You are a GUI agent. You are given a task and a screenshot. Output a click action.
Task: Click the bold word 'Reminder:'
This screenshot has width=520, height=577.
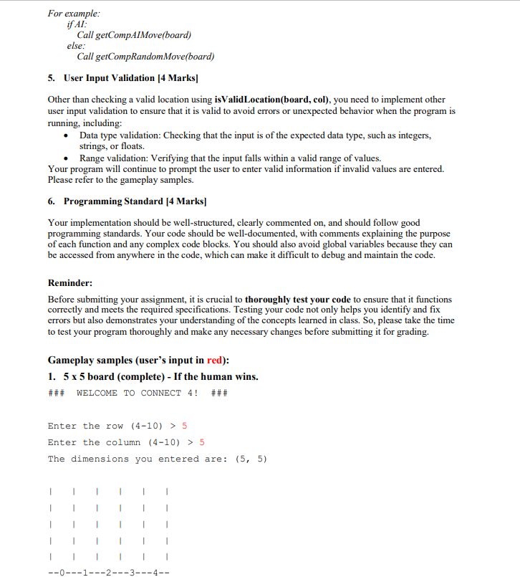pyautogui.click(x=69, y=282)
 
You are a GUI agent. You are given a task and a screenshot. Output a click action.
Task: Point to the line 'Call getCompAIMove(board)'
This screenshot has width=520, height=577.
pyautogui.click(x=134, y=35)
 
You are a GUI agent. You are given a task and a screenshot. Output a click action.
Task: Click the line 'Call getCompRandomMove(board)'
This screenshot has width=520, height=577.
pyautogui.click(x=145, y=57)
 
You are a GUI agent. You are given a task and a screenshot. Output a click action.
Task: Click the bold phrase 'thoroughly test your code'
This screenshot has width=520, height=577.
pyautogui.click(x=298, y=299)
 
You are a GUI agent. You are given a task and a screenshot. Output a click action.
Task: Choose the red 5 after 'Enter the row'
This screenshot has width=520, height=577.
pyautogui.click(x=184, y=426)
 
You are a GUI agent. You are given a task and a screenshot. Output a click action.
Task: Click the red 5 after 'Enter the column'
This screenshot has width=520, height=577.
pyautogui.click(x=201, y=442)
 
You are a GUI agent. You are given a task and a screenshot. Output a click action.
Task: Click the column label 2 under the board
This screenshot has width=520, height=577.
pyautogui.click(x=108, y=572)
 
